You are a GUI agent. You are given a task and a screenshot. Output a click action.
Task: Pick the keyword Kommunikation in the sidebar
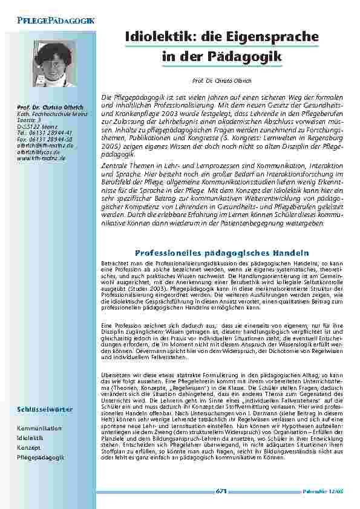click(39, 428)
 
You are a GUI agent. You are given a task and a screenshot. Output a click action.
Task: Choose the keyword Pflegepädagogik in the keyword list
click(41, 458)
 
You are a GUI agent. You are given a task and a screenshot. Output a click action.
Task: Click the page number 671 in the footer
click(221, 491)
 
